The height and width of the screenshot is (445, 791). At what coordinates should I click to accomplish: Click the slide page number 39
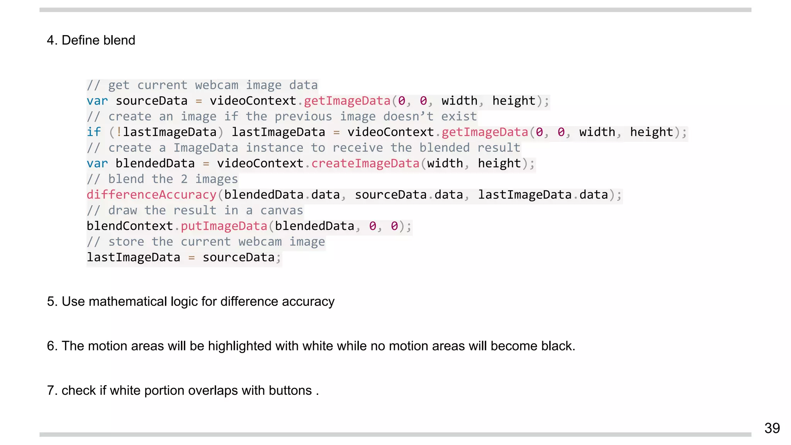772,428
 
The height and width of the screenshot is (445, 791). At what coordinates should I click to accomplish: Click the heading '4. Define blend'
91,40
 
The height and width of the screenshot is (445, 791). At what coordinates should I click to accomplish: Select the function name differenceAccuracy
151,195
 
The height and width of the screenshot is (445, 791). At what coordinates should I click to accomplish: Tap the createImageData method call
365,163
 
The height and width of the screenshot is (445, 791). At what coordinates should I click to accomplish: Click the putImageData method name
224,226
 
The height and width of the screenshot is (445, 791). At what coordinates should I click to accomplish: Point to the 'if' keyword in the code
93,132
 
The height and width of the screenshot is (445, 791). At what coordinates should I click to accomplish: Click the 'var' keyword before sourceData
97,101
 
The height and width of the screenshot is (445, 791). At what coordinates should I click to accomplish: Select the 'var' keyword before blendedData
97,163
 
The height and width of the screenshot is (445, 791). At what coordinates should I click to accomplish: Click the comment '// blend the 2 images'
162,179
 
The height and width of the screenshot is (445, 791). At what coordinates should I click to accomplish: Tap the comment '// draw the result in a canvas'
195,211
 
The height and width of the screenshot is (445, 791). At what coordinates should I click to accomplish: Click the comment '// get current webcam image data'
202,85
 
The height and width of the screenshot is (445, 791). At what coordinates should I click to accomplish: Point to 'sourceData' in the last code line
238,257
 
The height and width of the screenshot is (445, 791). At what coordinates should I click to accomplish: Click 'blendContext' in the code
130,226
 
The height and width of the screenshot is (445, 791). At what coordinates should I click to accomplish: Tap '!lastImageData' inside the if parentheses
166,132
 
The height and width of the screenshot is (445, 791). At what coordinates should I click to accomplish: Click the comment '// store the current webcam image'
206,242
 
